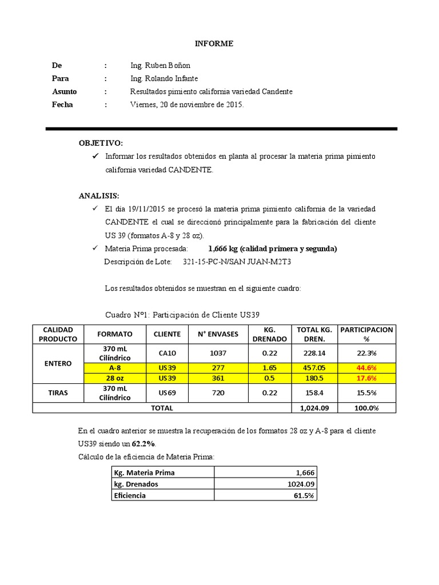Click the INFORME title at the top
pos(214,43)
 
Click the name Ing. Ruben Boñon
pos(161,66)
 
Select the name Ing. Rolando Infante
pos(164,79)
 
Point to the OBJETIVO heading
pos(101,142)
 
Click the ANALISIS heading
pos(99,195)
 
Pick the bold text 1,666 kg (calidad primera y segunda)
pos(273,249)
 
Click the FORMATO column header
pos(115,334)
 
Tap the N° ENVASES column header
pos(218,334)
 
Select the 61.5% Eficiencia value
pos(304,495)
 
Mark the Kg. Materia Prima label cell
pos(145,472)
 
